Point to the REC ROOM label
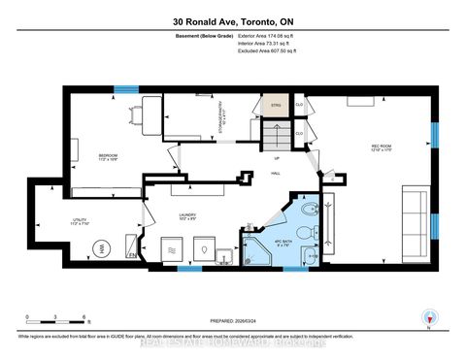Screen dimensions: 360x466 click(381, 148)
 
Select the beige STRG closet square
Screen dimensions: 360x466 click(278, 104)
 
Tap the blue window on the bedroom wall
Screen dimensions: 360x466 click(125, 91)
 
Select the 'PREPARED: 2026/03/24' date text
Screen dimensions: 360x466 click(232, 325)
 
